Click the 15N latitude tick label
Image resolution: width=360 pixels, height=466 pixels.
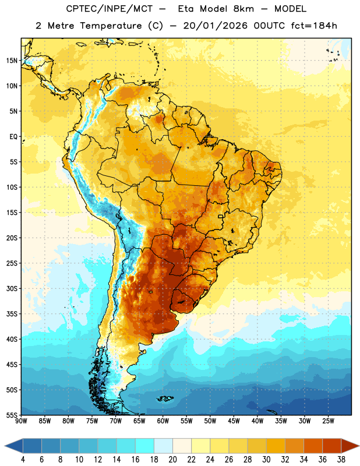12,61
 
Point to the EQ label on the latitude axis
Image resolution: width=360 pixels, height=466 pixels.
13,137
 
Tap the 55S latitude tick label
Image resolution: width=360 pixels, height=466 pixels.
12,415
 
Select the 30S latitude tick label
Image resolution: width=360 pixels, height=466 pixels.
12,288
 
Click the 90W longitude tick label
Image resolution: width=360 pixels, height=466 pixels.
21,421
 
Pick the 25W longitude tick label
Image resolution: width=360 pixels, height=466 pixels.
328,421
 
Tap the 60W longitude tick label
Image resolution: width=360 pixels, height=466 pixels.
163,421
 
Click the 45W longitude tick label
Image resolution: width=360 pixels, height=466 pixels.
234,421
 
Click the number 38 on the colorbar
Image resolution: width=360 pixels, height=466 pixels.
341,460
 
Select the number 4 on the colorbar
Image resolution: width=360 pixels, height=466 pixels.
23,460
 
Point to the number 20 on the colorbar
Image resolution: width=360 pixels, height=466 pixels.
172,460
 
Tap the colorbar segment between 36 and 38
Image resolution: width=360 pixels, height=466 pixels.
332,446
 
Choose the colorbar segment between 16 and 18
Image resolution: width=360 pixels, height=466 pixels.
144,446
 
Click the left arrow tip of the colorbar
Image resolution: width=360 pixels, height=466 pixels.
5,446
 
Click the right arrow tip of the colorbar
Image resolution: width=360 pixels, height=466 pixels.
359,446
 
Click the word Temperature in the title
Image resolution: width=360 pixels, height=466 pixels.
111,26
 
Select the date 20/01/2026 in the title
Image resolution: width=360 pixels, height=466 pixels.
215,26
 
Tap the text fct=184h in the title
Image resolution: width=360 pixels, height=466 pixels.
314,26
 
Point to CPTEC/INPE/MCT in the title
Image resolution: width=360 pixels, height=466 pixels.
110,9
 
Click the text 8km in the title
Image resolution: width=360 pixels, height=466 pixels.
243,9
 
